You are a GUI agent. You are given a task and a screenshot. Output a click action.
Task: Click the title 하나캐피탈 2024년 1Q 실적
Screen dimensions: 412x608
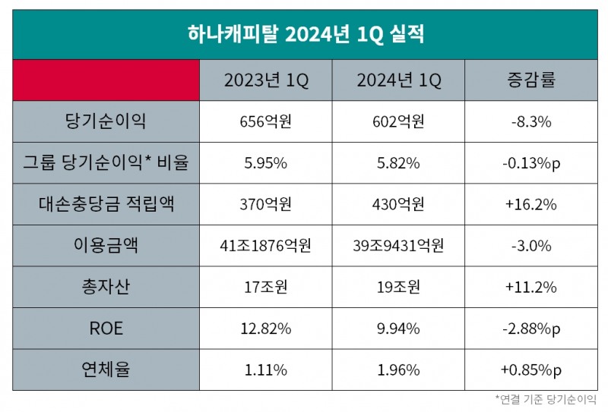(x=304, y=35)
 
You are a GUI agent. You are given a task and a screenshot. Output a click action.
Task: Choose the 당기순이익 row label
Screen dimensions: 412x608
(x=106, y=121)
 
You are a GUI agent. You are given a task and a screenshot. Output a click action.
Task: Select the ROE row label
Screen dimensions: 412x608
(x=106, y=328)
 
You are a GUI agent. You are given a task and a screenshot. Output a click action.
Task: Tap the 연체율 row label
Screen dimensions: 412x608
(x=106, y=370)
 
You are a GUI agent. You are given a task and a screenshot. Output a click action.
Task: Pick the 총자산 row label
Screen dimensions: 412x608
(x=106, y=287)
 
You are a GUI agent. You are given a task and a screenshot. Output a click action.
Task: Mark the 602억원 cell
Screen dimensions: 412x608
(x=398, y=121)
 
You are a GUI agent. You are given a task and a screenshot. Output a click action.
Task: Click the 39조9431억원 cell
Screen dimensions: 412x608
(x=398, y=246)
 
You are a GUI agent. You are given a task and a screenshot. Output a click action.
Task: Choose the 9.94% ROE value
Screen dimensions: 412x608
(x=398, y=328)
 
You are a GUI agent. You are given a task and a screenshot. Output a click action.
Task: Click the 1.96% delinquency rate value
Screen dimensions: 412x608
(x=398, y=370)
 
